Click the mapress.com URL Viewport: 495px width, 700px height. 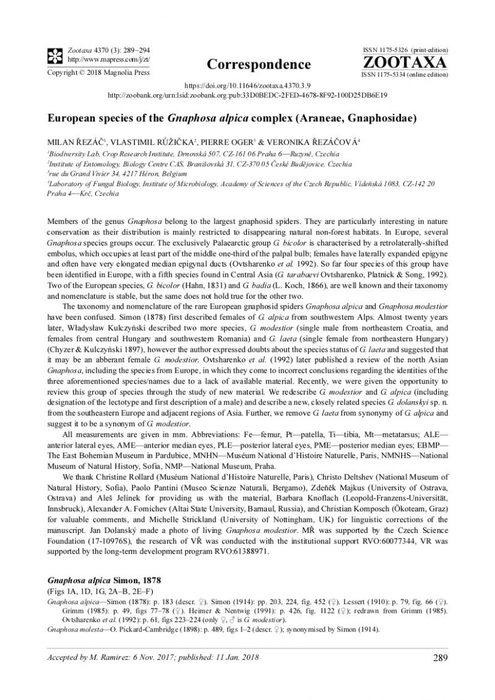coord(100,59)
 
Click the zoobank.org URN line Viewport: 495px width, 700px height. coord(247,96)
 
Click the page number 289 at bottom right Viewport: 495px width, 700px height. coord(441,675)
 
